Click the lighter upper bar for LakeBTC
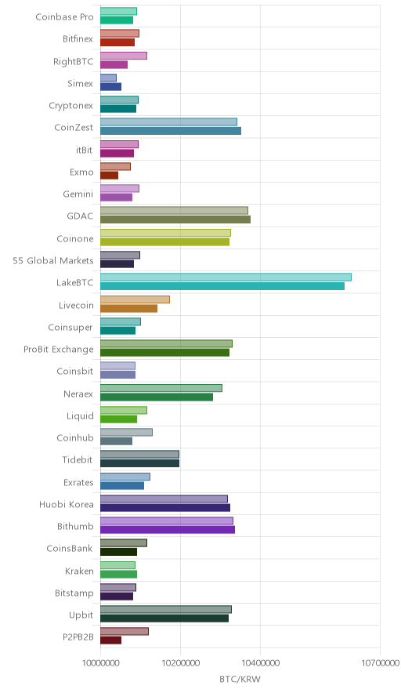(x=226, y=277)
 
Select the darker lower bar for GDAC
(x=175, y=220)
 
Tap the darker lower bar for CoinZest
(x=171, y=131)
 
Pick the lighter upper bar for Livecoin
(x=135, y=299)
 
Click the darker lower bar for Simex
(x=110, y=86)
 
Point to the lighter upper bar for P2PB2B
(x=124, y=632)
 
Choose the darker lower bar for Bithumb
(x=168, y=530)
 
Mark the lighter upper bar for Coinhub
(x=126, y=432)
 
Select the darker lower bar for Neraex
(x=157, y=397)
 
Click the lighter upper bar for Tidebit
(x=139, y=455)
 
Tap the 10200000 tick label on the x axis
(x=180, y=663)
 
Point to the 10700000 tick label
(x=380, y=663)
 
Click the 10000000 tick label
(x=100, y=663)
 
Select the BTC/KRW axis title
(x=240, y=680)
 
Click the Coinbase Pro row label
(x=64, y=16)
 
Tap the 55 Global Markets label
(x=53, y=261)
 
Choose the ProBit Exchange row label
(x=59, y=349)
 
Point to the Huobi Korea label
(x=67, y=504)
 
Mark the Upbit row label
(x=81, y=615)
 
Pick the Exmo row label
(x=81, y=172)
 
